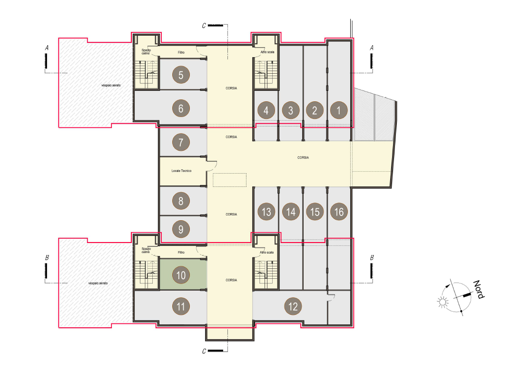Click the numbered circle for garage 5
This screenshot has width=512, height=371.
click(181, 75)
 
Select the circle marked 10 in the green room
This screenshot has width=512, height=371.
click(181, 275)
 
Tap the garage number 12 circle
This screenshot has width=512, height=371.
click(293, 306)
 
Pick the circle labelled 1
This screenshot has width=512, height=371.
click(339, 110)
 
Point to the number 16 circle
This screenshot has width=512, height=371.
click(339, 212)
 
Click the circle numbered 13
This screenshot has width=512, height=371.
click(266, 212)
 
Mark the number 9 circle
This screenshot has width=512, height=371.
click(181, 229)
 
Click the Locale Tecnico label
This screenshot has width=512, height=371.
click(181, 171)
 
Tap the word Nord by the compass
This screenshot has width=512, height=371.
click(479, 289)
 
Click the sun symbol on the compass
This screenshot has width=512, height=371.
click(443, 302)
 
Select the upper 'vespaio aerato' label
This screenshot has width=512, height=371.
click(111, 85)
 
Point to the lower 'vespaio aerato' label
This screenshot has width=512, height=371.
click(98, 283)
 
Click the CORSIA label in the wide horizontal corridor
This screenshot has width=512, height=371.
click(303, 157)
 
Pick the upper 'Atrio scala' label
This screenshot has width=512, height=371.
click(267, 52)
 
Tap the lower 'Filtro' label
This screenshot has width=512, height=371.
click(181, 252)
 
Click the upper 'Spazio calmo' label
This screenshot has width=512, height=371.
click(146, 51)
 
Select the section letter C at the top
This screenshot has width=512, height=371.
click(204, 26)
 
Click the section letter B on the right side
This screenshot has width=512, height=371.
click(372, 257)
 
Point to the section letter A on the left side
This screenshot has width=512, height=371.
click(47, 48)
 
